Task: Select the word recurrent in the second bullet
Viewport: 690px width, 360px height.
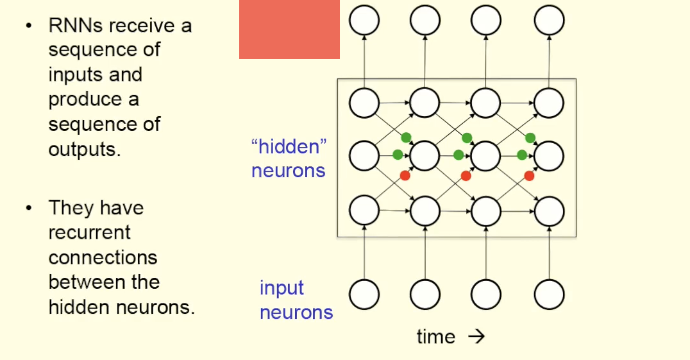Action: point(90,232)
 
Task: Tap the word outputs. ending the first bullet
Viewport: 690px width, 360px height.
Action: point(84,149)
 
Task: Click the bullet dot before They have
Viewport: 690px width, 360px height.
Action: point(28,208)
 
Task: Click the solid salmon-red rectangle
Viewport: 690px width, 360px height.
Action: point(289,30)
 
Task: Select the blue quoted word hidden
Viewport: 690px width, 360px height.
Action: point(289,147)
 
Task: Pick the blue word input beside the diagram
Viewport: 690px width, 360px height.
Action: point(282,288)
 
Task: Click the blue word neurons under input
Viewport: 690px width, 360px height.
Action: point(296,313)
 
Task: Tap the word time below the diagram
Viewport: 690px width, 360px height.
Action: point(436,337)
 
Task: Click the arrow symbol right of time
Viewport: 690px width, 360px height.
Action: point(476,337)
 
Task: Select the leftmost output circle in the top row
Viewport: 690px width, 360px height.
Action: point(364,21)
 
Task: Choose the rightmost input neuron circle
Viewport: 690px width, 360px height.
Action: point(549,295)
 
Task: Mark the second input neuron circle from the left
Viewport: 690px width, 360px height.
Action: point(425,295)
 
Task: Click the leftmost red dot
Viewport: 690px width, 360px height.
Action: point(405,176)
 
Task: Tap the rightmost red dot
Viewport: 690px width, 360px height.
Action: point(529,176)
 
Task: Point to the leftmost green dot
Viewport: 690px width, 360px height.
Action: point(398,155)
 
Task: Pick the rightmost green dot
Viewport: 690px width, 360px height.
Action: point(530,137)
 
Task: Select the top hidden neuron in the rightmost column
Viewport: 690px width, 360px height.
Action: point(549,103)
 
